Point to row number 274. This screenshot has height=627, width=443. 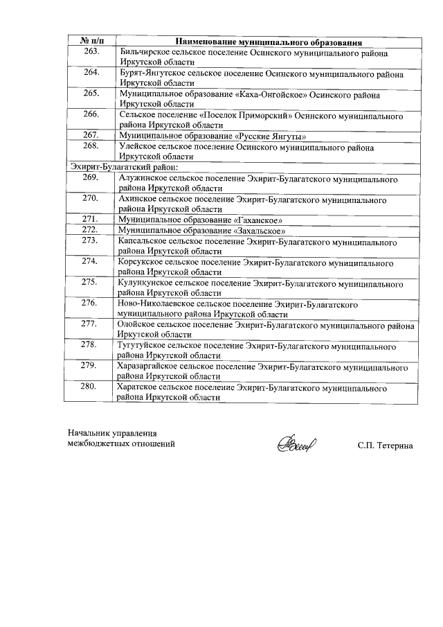click(89, 261)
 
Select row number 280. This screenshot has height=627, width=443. click(89, 387)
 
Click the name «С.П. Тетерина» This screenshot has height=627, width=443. click(385, 445)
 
